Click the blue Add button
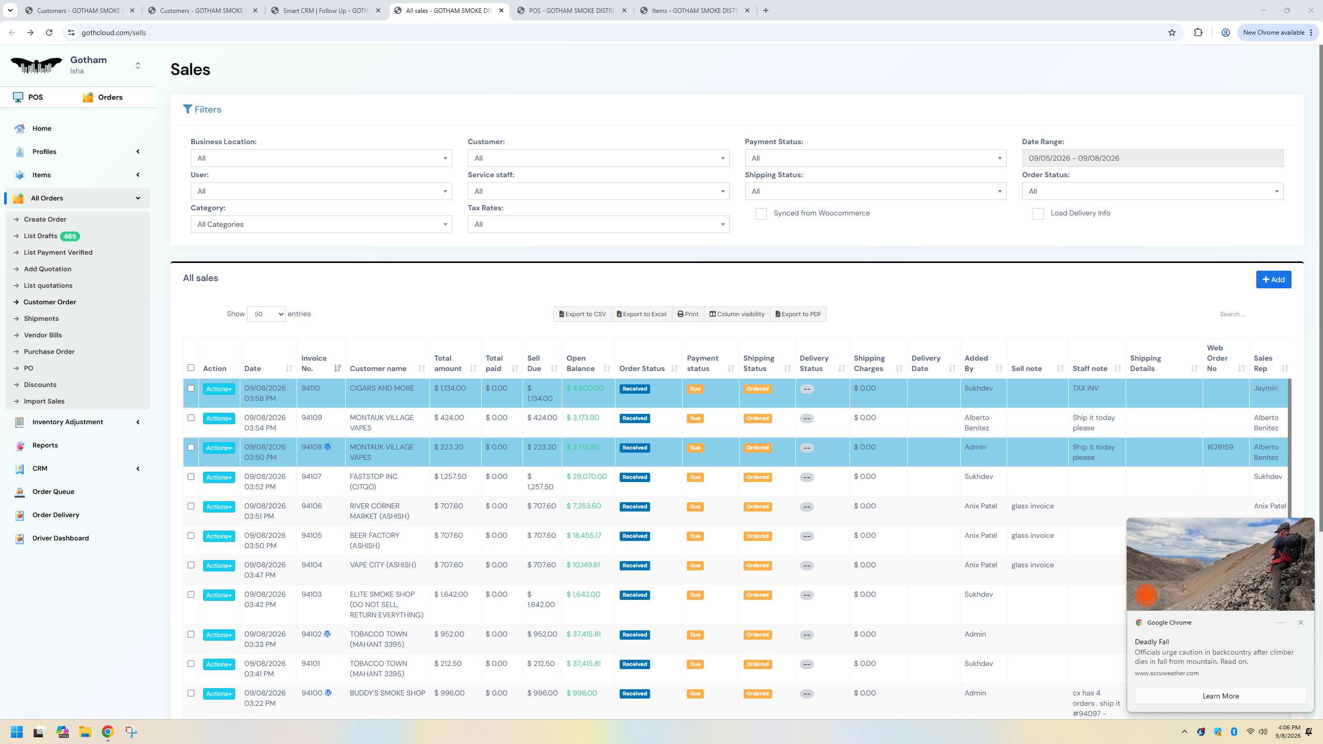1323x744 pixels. pyautogui.click(x=1273, y=280)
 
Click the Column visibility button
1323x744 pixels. pyautogui.click(x=737, y=314)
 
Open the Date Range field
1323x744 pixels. pyautogui.click(x=1152, y=158)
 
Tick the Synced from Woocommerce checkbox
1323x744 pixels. pyautogui.click(x=761, y=214)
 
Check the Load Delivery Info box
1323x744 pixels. pyautogui.click(x=1038, y=214)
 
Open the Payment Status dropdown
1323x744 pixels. pyautogui.click(x=875, y=158)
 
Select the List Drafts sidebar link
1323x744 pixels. pyautogui.click(x=40, y=236)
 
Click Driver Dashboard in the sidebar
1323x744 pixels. pyautogui.click(x=60, y=538)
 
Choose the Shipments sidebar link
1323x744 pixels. pyautogui.click(x=41, y=319)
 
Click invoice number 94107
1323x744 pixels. pyautogui.click(x=311, y=476)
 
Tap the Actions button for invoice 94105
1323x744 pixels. pyautogui.click(x=219, y=536)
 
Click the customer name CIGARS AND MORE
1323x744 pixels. pyautogui.click(x=382, y=388)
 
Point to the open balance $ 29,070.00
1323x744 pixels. pyautogui.click(x=587, y=476)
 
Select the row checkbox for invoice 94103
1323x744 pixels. pyautogui.click(x=191, y=595)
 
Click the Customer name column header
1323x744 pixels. pyautogui.click(x=378, y=368)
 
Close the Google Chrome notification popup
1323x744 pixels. pyautogui.click(x=1301, y=623)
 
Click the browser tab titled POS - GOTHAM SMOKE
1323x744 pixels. pyautogui.click(x=572, y=10)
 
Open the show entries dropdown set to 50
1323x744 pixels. pyautogui.click(x=266, y=314)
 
